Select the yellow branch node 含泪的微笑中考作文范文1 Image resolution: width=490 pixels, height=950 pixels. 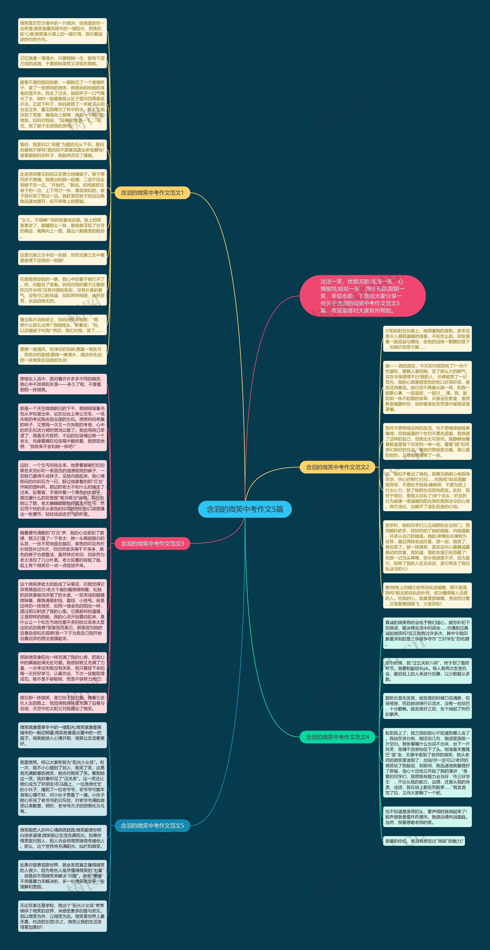(152, 192)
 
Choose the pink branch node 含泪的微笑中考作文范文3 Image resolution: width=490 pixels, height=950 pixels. (152, 543)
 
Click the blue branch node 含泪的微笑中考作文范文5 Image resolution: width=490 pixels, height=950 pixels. (152, 825)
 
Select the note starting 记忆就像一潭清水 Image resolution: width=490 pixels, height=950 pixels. (62, 61)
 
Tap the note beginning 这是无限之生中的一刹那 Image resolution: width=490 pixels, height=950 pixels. (62, 258)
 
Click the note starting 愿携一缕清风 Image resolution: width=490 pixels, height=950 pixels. (62, 354)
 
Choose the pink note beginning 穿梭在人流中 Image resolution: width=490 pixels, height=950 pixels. (62, 384)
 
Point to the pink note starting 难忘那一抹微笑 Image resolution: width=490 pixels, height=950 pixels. (62, 703)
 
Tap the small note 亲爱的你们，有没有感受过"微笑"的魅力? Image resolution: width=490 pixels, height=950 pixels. (424, 841)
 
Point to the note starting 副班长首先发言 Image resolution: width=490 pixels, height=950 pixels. (427, 706)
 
